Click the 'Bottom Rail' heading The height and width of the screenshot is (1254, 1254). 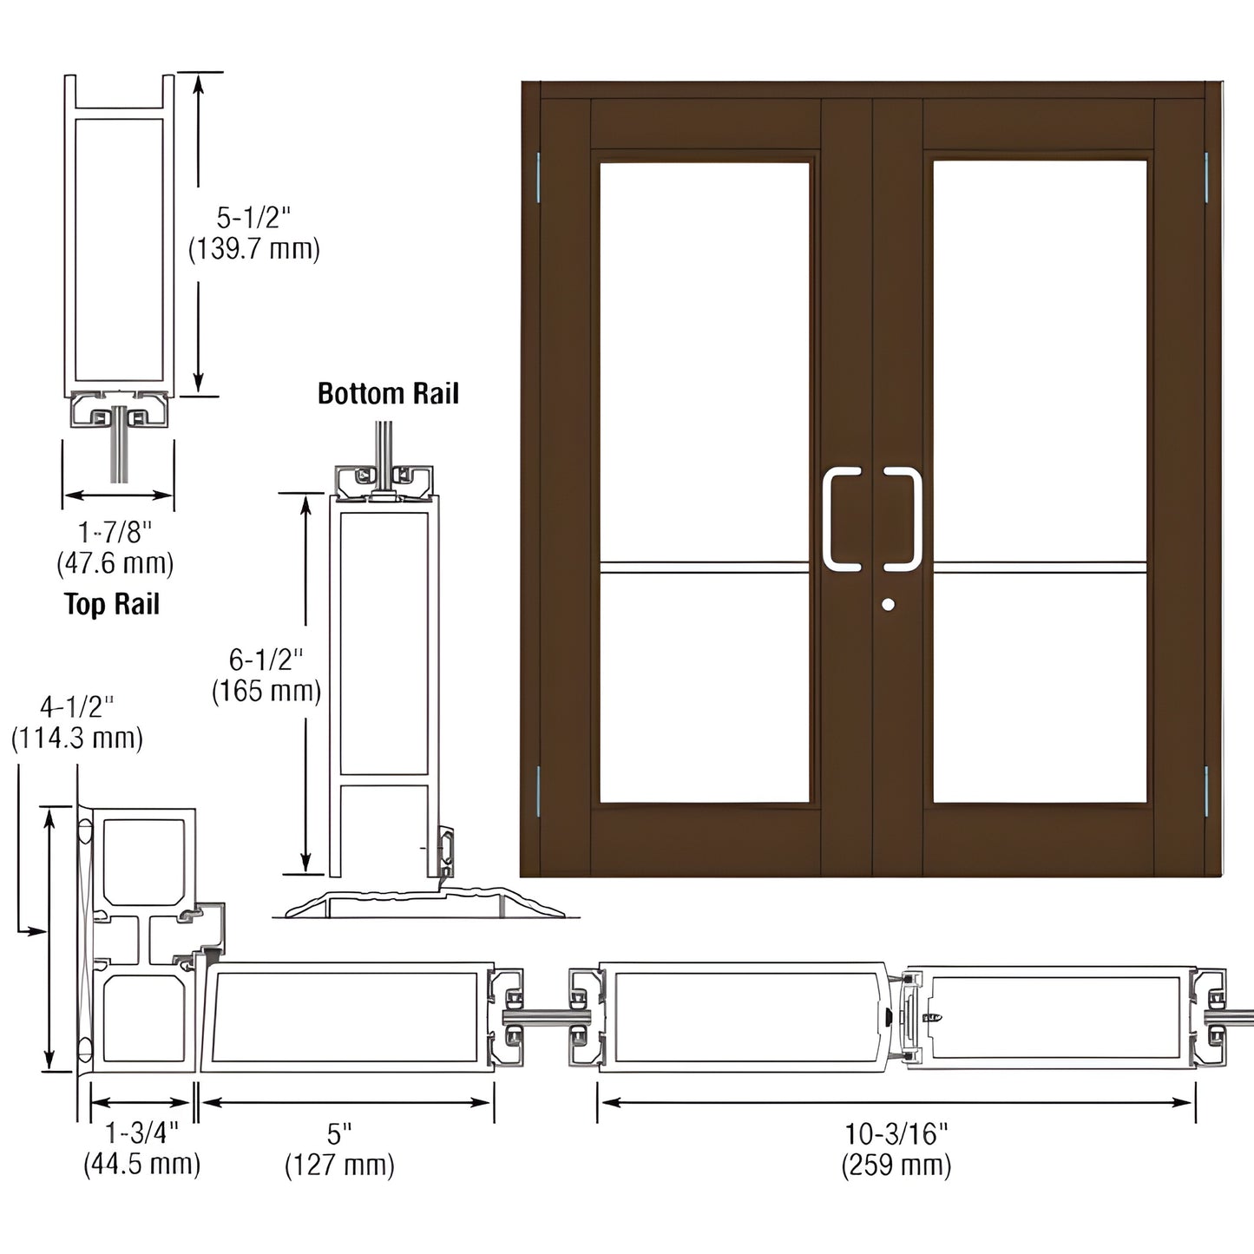(388, 393)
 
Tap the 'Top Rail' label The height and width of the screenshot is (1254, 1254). (112, 604)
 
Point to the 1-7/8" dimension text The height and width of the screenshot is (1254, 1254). (115, 530)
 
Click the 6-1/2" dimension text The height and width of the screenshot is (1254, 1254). (266, 660)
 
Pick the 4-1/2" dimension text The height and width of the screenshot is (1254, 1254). (76, 706)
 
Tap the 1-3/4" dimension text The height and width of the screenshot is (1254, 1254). (141, 1133)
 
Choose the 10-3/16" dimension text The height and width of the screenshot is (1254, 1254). (896, 1133)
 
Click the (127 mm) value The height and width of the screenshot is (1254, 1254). (339, 1165)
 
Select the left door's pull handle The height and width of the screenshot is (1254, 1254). (838, 520)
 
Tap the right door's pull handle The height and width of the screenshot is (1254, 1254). (904, 520)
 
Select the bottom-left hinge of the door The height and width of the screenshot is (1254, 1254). (538, 791)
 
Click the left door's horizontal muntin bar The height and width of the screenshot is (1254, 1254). (704, 568)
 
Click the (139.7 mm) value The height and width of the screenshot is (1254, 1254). (253, 250)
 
